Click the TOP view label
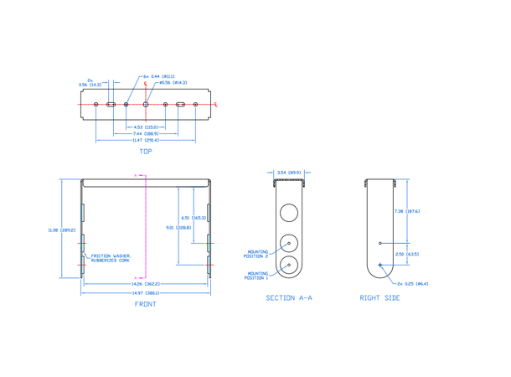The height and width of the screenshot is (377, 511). (146, 152)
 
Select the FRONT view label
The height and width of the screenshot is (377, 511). (146, 304)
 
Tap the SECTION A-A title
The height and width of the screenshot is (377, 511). (287, 298)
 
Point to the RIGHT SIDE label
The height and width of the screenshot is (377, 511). (379, 298)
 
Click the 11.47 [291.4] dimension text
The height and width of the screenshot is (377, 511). (146, 140)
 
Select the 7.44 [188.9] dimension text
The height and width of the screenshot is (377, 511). (146, 133)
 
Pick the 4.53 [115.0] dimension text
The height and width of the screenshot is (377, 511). (146, 127)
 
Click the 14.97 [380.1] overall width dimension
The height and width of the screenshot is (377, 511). (146, 293)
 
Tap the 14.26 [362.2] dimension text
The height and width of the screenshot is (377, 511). (146, 285)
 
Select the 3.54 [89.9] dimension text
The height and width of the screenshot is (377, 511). (287, 173)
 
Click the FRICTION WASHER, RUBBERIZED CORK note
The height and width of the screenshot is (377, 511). (111, 259)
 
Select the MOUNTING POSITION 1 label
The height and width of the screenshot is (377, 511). (257, 274)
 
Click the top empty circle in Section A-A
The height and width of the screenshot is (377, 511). (288, 212)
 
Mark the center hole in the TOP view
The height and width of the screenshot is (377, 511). (146, 104)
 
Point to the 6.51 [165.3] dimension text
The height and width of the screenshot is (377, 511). (199, 217)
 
